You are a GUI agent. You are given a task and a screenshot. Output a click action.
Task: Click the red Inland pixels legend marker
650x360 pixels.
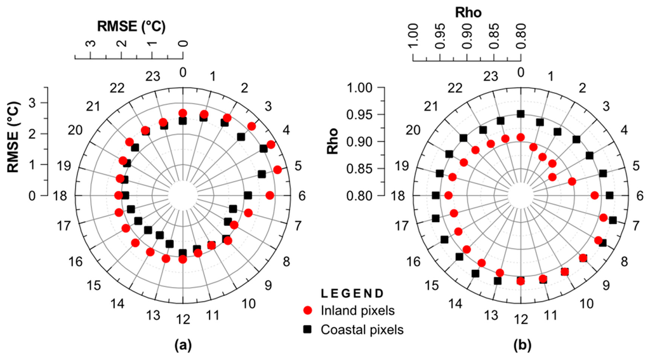coord(308,311)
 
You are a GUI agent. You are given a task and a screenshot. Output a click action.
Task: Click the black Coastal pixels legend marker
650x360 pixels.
coord(308,330)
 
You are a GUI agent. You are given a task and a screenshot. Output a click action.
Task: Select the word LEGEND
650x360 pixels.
coord(352,293)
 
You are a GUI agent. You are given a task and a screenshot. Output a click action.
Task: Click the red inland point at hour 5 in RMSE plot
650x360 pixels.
coord(277,170)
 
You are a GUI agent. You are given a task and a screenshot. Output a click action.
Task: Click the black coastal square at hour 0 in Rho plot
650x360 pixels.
coord(521,114)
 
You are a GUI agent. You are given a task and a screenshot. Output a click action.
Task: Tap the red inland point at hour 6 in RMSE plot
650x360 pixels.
coord(270,196)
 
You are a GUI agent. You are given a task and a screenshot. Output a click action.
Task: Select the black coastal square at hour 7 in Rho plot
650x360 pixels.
coord(613,220)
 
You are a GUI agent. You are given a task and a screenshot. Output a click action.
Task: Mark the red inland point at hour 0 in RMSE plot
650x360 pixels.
coord(183,113)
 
